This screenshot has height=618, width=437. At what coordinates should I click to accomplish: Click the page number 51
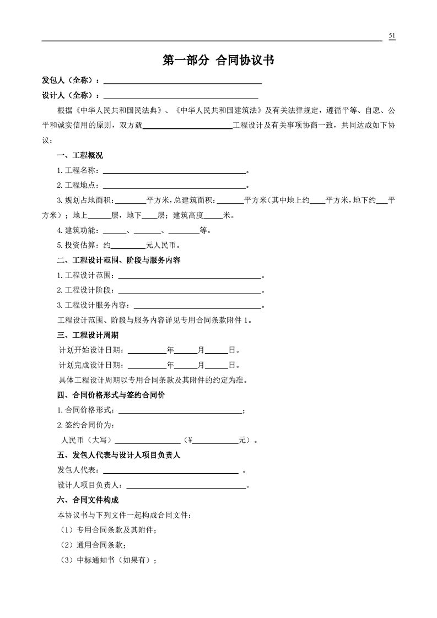(x=392, y=36)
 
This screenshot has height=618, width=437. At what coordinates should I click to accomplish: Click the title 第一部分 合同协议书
(x=218, y=61)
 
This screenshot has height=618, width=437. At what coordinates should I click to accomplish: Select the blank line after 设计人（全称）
(x=182, y=96)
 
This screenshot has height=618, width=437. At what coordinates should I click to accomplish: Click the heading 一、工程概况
(x=80, y=155)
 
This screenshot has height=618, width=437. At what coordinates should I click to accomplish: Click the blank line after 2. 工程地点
(x=174, y=185)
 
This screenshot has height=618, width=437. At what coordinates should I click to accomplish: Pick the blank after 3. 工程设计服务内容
(x=197, y=305)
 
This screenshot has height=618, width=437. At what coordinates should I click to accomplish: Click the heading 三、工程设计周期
(x=88, y=334)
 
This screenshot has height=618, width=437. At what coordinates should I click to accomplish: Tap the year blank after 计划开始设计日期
(x=147, y=350)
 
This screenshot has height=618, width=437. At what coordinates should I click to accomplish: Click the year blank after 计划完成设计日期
(x=147, y=365)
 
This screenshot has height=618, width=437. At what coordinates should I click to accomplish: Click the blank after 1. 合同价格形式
(x=179, y=410)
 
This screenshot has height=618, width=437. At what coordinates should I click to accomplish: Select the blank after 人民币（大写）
(x=147, y=441)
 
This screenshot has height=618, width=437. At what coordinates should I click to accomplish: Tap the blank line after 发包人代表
(x=170, y=470)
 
